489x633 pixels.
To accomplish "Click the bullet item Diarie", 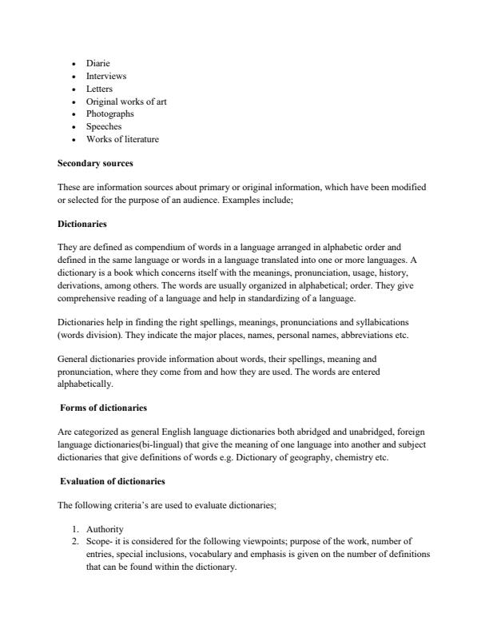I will tap(98, 63).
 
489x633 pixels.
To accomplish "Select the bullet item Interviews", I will tap(106, 76).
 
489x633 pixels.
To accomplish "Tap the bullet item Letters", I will tap(100, 89).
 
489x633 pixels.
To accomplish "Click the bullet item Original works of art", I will tap(126, 102).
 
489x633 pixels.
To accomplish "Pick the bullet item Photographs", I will tap(110, 113).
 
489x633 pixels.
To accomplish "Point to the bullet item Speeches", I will tap(104, 126).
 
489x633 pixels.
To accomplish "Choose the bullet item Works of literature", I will tap(122, 139).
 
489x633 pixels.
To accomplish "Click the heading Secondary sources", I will tap(96, 163).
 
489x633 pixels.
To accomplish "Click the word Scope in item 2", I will tap(97, 542).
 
